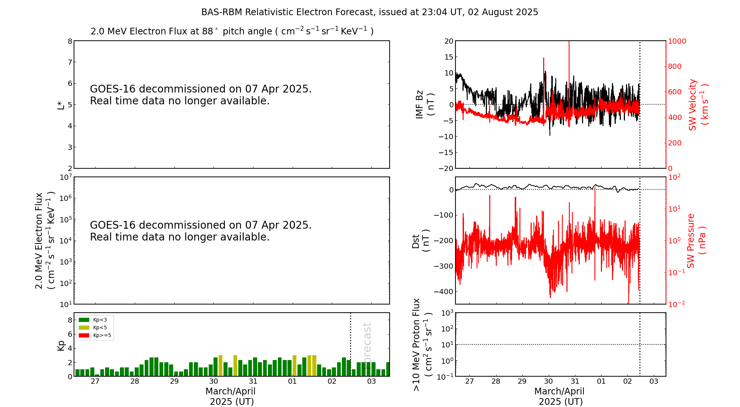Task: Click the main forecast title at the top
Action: [369, 12]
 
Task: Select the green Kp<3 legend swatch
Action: [84, 320]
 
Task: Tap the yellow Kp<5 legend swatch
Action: [84, 327]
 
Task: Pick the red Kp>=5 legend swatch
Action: [84, 336]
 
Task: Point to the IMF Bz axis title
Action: [425, 104]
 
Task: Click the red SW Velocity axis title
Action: [698, 104]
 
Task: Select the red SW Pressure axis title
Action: [696, 240]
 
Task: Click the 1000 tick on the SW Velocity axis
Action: [677, 41]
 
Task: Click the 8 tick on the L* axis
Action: [70, 41]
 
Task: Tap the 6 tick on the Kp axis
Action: [70, 334]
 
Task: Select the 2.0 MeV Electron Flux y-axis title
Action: [44, 240]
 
